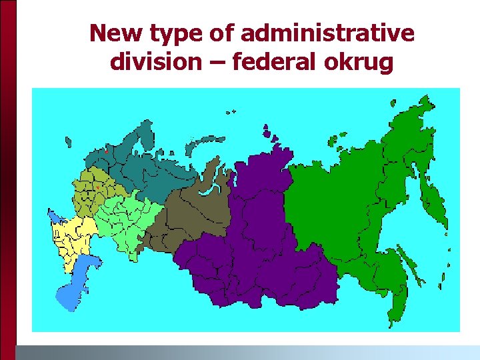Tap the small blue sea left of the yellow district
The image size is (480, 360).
point(54,215)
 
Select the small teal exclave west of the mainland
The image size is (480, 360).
point(67,141)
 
